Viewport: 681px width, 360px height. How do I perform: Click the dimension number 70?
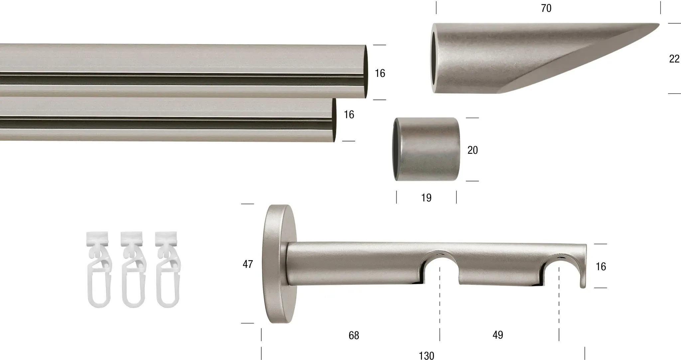[x=546, y=8]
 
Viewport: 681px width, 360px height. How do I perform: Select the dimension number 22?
[x=674, y=59]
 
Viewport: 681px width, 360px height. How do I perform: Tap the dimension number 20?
[x=473, y=150]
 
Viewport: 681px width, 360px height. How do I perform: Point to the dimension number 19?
[x=426, y=198]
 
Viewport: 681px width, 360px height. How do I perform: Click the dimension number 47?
[x=248, y=264]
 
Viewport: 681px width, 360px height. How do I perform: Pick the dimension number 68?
[x=354, y=335]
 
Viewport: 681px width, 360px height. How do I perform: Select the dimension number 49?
[x=498, y=335]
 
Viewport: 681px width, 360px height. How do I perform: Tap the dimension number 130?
[x=427, y=356]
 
